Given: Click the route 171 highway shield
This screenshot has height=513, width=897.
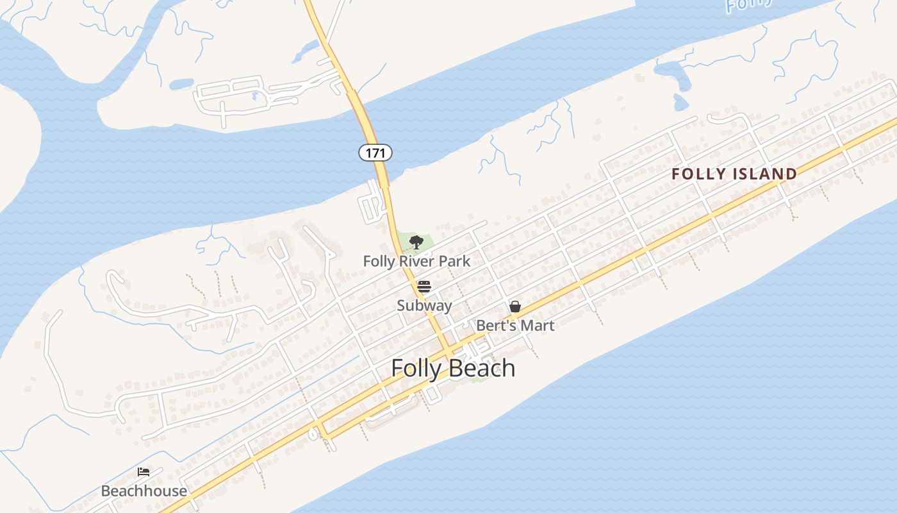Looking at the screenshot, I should tap(375, 153).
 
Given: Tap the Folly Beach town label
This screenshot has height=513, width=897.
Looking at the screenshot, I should tap(453, 368).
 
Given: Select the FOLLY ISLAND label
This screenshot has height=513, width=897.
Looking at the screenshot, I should tap(734, 174).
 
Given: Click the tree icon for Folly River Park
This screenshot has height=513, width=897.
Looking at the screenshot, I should tap(416, 242).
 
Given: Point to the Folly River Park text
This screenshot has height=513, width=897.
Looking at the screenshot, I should tap(416, 262).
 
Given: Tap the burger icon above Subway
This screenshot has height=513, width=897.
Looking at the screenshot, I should tap(424, 286).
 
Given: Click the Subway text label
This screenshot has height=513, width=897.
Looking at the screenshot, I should tap(424, 305).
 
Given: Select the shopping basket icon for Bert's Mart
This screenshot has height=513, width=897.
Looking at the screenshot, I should tap(515, 307).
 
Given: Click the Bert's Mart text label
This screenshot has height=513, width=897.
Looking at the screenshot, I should tap(515, 325).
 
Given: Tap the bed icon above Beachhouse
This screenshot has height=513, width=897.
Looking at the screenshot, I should tap(144, 472).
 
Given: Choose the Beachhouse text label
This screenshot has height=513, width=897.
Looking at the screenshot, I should tap(144, 491).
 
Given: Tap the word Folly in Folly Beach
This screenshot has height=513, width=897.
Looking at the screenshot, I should tap(415, 368).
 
